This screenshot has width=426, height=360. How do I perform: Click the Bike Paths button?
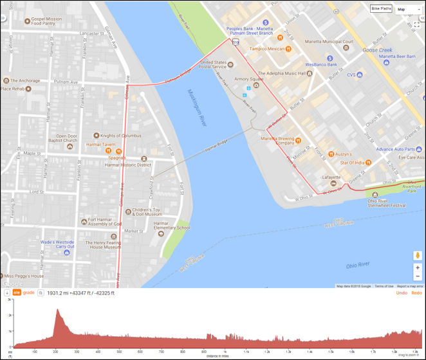[x=381, y=9]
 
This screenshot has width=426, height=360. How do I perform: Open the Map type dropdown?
[x=407, y=9]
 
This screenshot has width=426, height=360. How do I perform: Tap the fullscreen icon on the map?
[x=416, y=24]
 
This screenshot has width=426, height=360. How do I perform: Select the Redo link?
[x=416, y=292]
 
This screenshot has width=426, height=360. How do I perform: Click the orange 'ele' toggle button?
[x=17, y=292]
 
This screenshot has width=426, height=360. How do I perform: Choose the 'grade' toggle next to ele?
[x=29, y=292]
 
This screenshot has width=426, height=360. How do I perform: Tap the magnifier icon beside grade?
[x=40, y=292]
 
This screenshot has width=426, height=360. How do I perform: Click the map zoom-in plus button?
[x=418, y=267]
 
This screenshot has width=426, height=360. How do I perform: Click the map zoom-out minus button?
[x=418, y=277]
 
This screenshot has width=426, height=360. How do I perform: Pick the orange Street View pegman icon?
[x=418, y=255]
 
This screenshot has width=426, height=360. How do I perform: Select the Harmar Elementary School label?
[x=172, y=226]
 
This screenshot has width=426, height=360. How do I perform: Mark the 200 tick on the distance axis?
[x=56, y=352]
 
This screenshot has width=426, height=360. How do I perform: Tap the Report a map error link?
[x=410, y=286]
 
